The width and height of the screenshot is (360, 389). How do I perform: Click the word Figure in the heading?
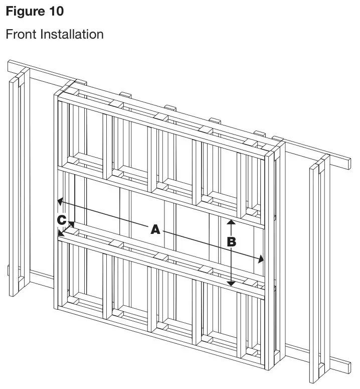coord(24,11)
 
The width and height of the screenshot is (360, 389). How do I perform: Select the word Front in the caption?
coord(20,34)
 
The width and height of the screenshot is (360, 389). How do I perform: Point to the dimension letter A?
coord(155,229)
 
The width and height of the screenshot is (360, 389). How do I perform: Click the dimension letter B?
coord(231,241)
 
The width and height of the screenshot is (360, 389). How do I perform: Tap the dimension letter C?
coord(61,220)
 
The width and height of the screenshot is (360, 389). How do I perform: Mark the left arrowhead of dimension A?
coord(59,201)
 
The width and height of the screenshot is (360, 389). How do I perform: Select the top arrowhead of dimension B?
coord(231,221)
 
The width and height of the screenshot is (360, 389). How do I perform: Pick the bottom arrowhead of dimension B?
coord(231,285)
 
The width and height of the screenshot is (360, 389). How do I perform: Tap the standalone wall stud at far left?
coord(18,181)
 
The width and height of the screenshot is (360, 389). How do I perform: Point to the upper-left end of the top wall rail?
coord(11,65)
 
